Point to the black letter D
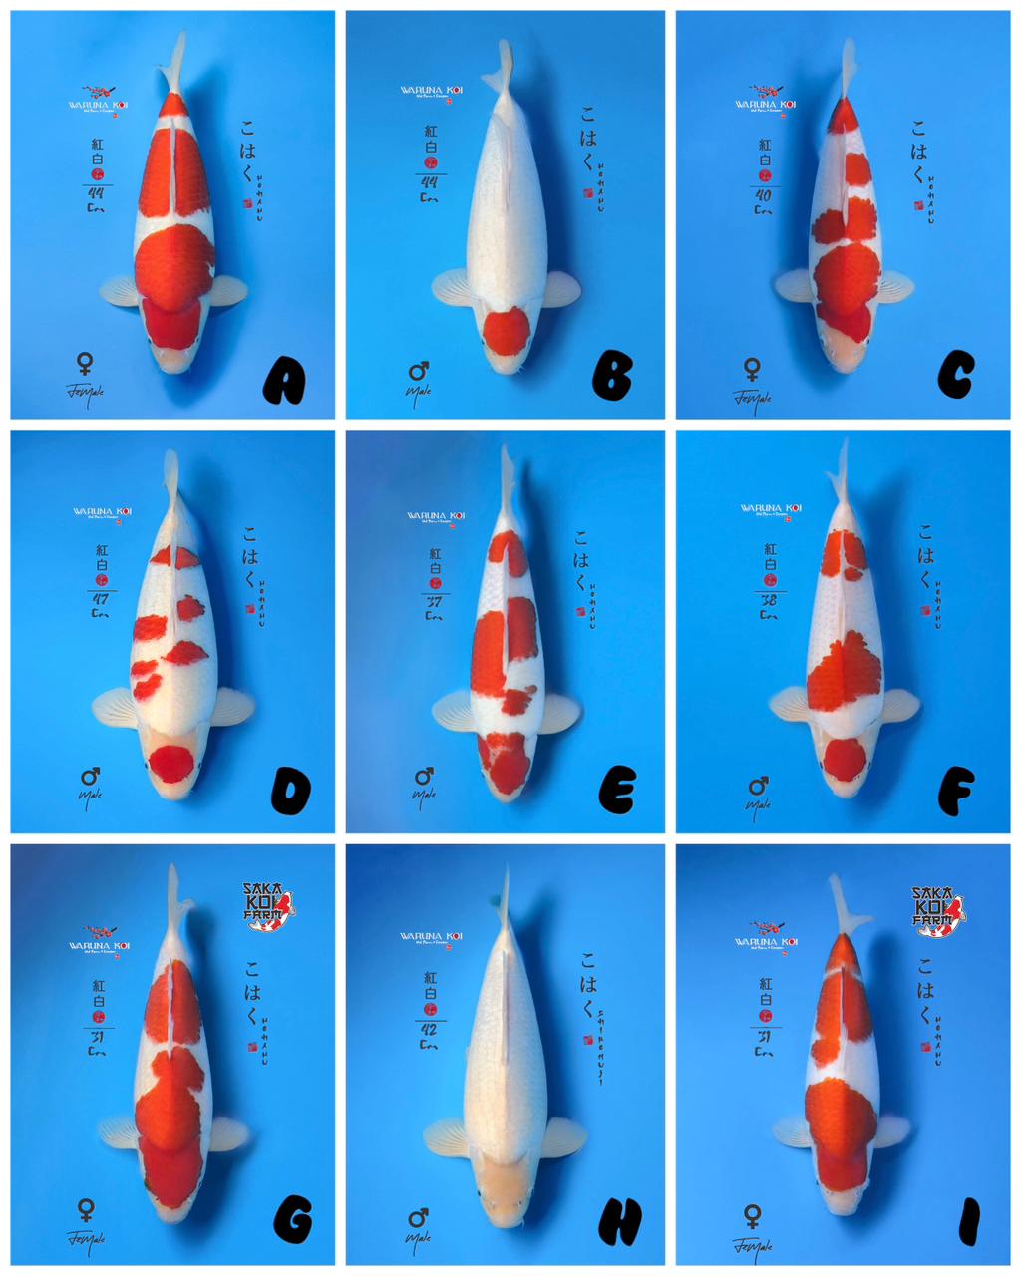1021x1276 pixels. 290,792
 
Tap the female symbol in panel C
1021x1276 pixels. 752,370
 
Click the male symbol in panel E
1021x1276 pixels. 423,776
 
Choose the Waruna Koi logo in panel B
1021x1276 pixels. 432,91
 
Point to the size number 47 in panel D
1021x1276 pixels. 100,599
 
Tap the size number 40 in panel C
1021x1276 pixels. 764,194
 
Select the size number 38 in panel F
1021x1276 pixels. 768,600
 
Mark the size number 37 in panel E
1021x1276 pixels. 434,602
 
